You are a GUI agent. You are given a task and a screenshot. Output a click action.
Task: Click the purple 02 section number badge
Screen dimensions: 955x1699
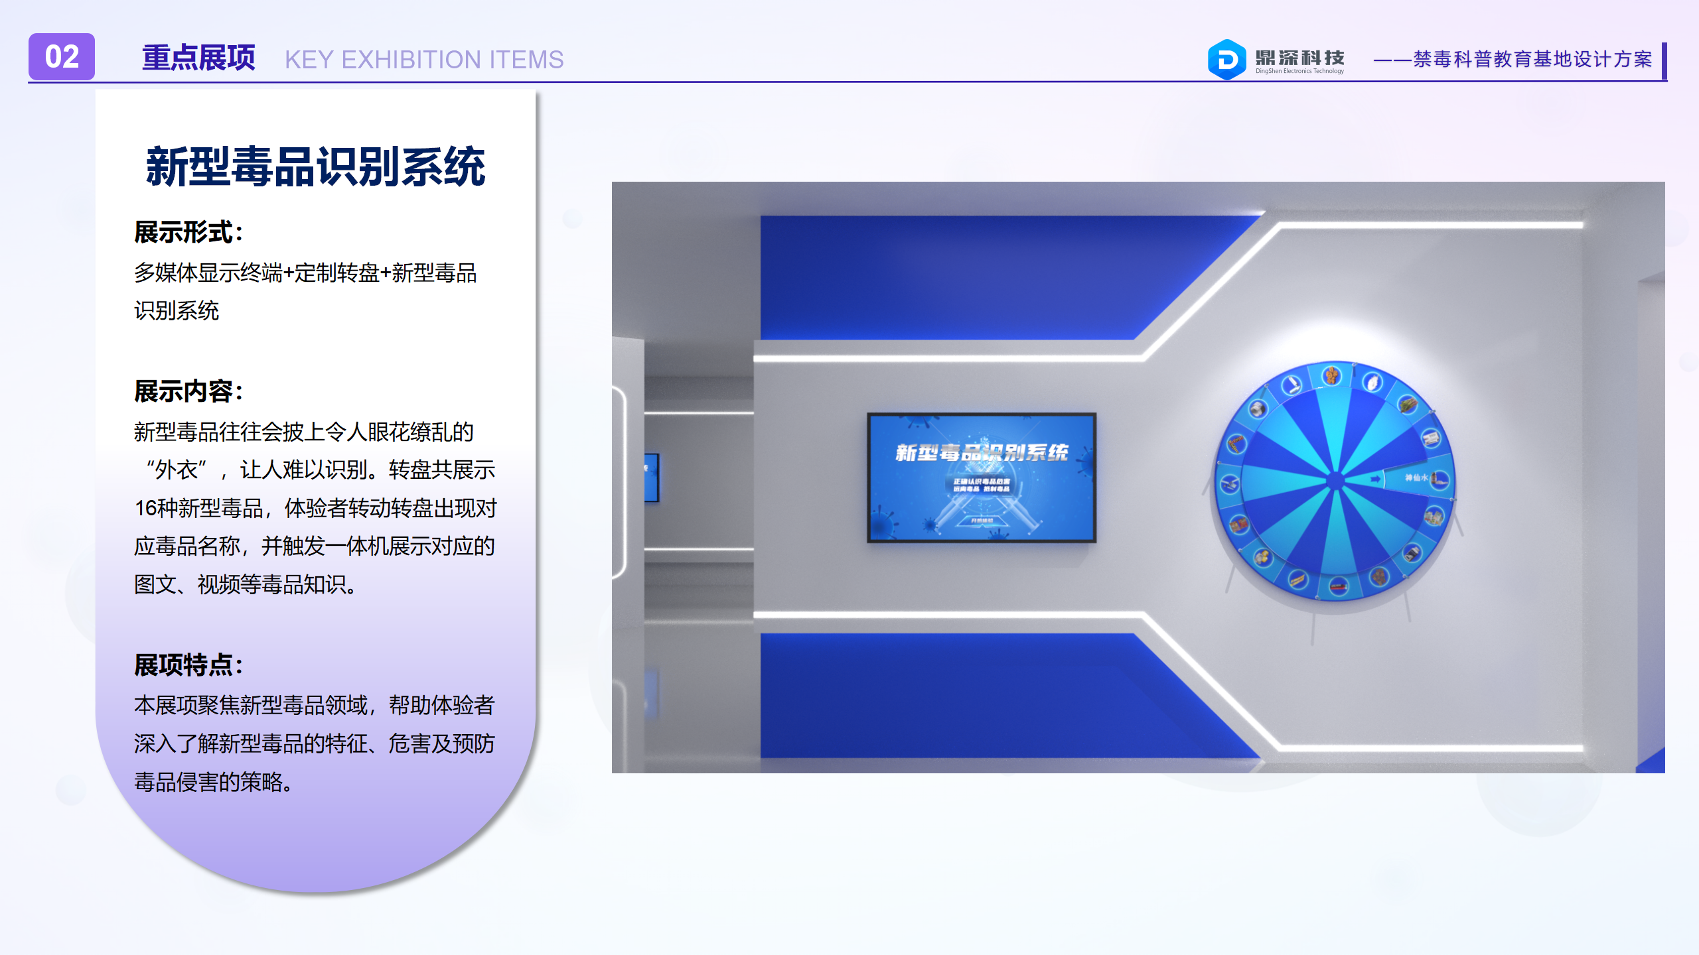62,57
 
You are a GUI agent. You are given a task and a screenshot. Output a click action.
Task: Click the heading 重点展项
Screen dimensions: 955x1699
198,58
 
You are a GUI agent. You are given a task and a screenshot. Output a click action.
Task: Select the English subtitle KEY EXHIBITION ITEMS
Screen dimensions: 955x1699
424,60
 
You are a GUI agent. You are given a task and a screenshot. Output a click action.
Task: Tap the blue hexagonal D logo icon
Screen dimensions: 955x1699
1226,60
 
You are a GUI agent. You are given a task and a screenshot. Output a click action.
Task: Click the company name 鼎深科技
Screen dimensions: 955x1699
1299,57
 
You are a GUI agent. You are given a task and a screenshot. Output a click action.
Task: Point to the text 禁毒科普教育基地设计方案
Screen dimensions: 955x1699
1532,60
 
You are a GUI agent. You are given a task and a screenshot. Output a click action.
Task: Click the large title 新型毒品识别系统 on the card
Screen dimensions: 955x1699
316,166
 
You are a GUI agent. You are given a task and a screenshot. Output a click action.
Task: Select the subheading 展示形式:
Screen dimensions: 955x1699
188,232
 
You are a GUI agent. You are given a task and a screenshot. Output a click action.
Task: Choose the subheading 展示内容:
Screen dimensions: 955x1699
188,391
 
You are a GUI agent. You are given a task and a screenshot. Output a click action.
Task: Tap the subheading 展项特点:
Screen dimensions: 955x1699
188,665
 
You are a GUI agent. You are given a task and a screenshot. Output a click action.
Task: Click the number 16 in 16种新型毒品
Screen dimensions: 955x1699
145,509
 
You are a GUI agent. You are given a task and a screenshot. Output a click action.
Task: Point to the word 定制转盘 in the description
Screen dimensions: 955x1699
337,273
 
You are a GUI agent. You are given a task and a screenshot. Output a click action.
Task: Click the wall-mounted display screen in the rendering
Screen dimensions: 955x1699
982,477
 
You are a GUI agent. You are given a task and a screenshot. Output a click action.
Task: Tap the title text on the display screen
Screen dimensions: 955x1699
982,453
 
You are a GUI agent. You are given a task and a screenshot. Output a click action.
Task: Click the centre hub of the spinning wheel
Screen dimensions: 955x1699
1335,481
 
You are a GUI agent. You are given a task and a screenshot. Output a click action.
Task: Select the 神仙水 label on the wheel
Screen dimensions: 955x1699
1416,477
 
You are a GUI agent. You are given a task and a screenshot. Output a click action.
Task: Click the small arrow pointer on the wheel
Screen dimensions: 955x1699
1376,478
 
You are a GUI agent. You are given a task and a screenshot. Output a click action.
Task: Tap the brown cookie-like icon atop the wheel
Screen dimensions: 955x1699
1332,376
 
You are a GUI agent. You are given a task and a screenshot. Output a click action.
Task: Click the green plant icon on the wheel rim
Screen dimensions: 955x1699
1407,403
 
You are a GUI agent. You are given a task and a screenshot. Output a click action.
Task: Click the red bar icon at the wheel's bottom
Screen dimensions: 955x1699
1338,586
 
